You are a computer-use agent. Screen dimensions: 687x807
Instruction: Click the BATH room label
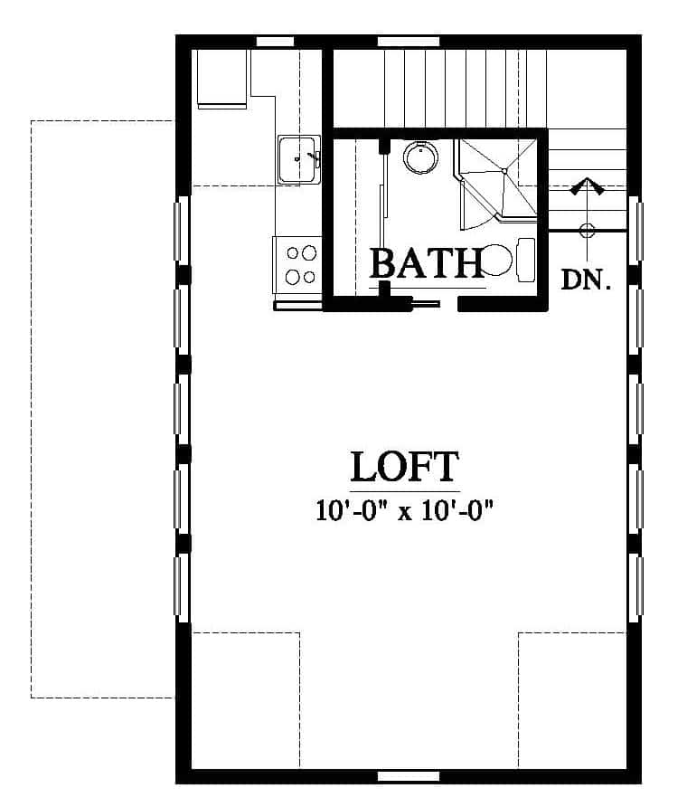[x=427, y=263]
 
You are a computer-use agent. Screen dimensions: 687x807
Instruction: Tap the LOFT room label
[x=404, y=467]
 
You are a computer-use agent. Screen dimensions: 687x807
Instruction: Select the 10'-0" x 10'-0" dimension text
[x=404, y=511]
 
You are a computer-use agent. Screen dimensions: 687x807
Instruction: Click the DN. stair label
[x=586, y=280]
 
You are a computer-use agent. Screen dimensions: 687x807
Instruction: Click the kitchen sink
[x=299, y=158]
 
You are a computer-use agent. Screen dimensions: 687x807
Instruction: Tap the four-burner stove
[x=297, y=265]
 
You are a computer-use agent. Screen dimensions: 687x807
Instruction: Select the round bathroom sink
[x=420, y=157]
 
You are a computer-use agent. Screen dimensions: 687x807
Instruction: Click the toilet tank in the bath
[x=526, y=260]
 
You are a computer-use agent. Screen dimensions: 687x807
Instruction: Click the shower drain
[x=504, y=171]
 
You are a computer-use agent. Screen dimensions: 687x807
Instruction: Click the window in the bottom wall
[x=409, y=776]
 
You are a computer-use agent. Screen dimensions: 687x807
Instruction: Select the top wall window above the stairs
[x=409, y=42]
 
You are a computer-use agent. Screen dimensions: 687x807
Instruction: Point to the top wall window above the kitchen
[x=275, y=42]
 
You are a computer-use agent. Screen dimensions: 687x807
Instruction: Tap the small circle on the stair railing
[x=588, y=230]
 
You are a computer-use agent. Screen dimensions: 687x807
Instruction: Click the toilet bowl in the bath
[x=495, y=260]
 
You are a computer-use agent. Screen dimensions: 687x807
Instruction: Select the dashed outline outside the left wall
[x=31, y=409]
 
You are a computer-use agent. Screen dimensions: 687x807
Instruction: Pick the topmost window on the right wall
[x=637, y=231]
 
